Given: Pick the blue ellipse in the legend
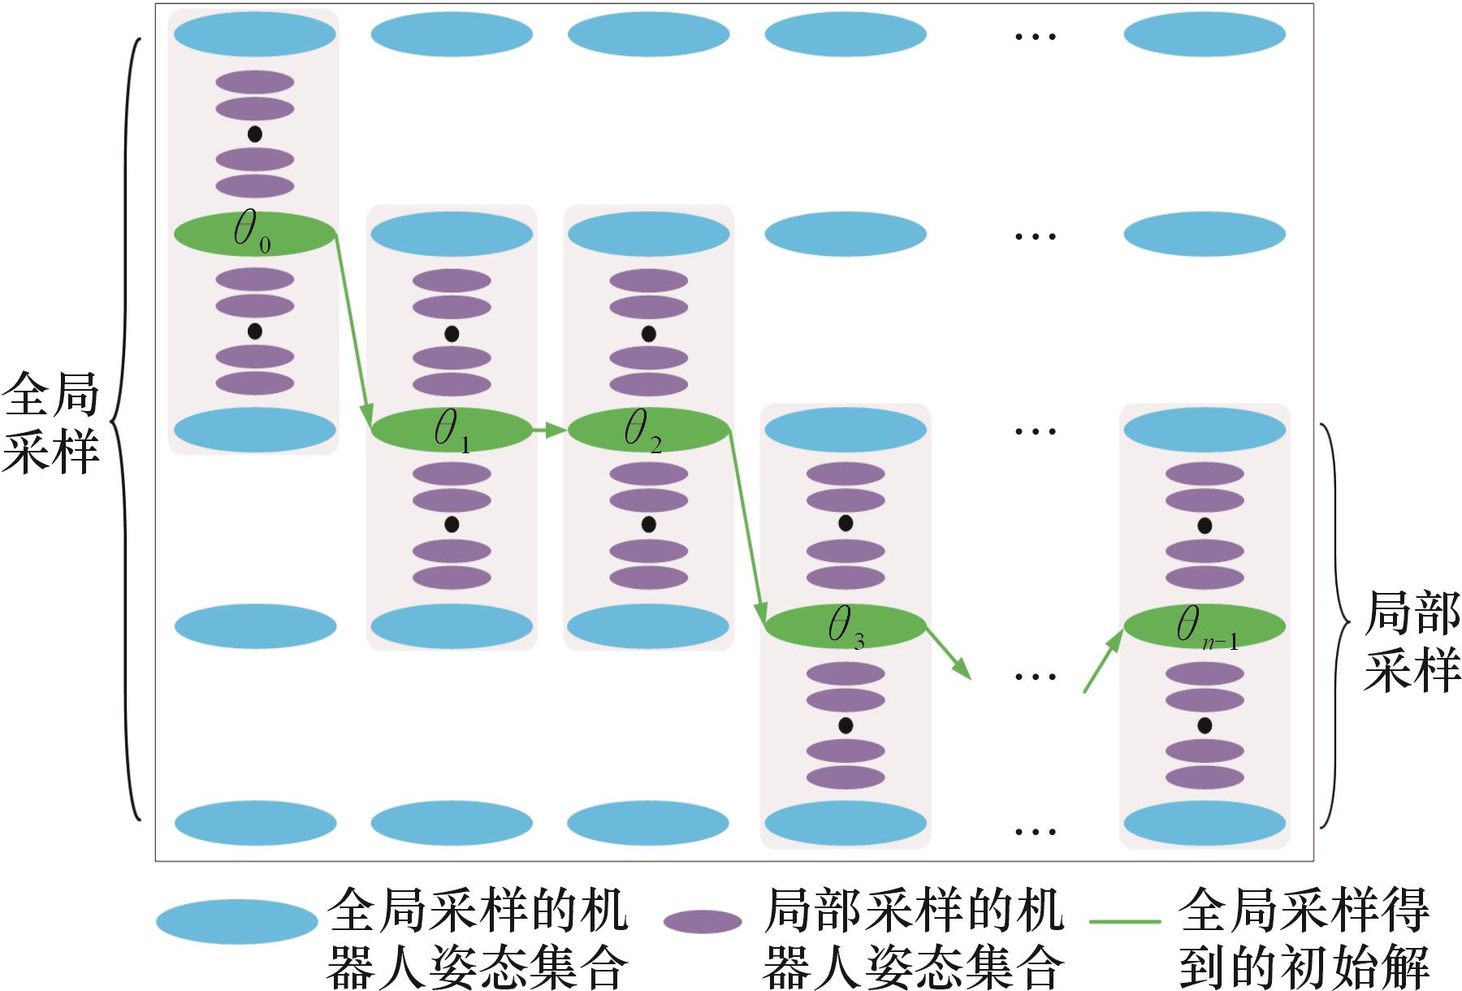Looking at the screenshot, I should point(236,922).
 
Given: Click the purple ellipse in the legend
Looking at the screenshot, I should point(703,922).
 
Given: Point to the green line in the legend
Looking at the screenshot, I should point(1125,922).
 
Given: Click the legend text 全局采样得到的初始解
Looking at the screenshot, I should point(1304,938).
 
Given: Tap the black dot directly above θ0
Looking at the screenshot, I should point(254,134).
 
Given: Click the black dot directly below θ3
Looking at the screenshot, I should point(846,725).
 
